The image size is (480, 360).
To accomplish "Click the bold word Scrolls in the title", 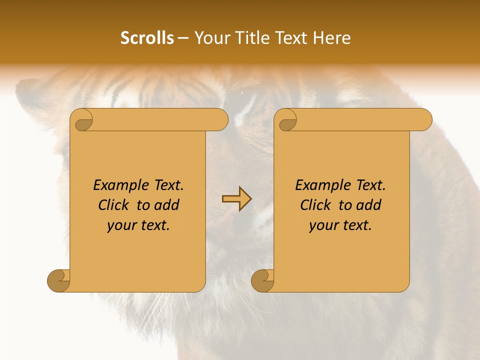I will [x=147, y=38].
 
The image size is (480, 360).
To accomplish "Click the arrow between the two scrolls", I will [x=236, y=199].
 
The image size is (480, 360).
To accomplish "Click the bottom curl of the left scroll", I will [x=59, y=281].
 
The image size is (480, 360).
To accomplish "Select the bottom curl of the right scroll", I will [x=262, y=281].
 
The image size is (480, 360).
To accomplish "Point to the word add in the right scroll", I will [x=369, y=205].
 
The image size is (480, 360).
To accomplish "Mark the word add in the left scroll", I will [x=167, y=205].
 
